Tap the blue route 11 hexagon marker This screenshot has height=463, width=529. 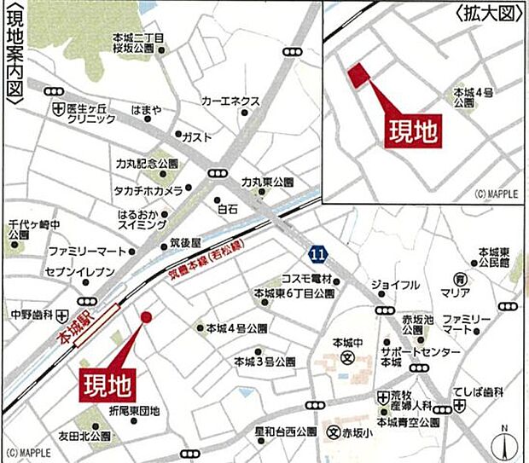pyautogui.click(x=317, y=254)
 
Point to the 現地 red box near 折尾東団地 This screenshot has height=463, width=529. pyautogui.click(x=107, y=385)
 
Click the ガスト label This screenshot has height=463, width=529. pyautogui.click(x=198, y=136)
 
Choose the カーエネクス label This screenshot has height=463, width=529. pyautogui.click(x=230, y=101)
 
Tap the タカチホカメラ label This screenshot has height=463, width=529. pyautogui.click(x=147, y=188)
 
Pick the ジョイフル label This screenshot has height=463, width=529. pyautogui.click(x=395, y=284)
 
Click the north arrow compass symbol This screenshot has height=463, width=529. pyautogui.click(x=504, y=443)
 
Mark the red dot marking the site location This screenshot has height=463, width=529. pyautogui.click(x=146, y=317)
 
